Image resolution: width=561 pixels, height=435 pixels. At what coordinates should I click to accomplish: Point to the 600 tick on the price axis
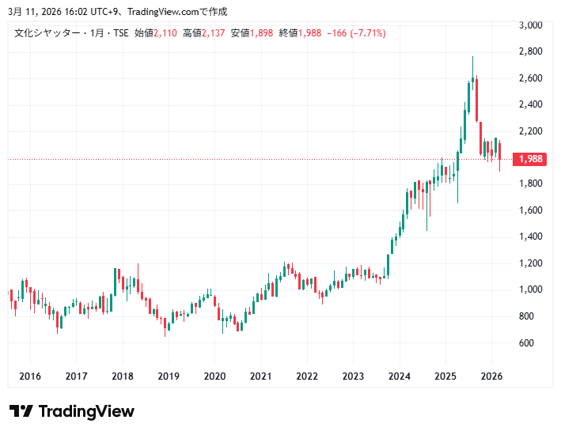526,342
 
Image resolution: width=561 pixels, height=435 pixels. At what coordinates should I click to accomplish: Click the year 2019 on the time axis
169,376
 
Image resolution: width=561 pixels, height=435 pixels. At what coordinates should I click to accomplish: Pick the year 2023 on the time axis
354,376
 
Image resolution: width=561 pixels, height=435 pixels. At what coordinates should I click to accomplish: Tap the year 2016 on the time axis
30,376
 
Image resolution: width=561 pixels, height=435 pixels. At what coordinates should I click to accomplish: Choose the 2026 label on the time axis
492,376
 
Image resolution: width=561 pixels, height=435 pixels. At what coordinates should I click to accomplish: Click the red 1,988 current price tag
529,159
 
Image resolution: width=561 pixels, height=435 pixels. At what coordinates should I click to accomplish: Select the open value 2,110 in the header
165,32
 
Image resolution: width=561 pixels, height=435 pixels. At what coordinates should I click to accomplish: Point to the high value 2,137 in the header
214,32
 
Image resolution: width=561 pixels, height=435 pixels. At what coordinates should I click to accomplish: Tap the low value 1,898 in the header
262,32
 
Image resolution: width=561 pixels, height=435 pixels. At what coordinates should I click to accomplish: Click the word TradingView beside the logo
86,411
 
